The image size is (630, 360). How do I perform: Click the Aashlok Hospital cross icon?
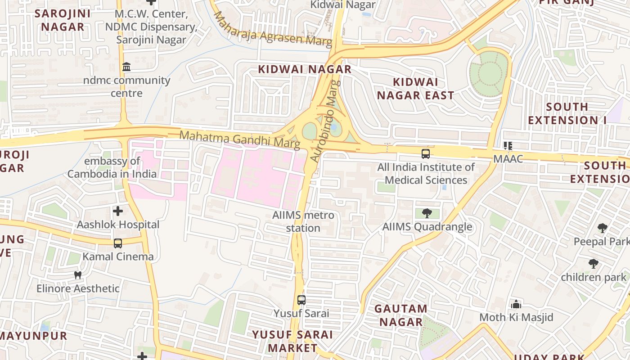tap(117, 211)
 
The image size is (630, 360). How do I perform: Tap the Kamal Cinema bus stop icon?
tap(117, 243)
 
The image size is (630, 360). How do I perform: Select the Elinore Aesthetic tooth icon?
tap(78, 275)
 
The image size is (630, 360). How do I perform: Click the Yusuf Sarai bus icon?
tap(301, 300)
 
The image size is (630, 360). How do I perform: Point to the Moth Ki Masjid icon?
tap(516, 304)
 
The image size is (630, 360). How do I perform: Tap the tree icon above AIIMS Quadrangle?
tap(427, 213)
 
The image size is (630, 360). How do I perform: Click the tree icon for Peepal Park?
tap(603, 228)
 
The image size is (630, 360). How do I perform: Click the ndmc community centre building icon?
tap(126, 67)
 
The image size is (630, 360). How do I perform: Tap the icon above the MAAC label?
tap(508, 145)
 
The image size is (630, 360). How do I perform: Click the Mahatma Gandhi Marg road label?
tap(240, 139)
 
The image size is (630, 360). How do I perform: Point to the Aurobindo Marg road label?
tap(324, 121)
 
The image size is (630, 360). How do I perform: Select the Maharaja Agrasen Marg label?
tap(273, 30)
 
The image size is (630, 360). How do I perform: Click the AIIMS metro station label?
tap(303, 221)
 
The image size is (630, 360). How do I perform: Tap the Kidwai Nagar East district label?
tap(415, 89)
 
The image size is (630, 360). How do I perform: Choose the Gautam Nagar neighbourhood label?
tap(400, 315)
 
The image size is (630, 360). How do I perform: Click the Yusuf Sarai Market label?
tap(292, 341)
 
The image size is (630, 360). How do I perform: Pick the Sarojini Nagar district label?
tap(63, 20)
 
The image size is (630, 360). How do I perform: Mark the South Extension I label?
tap(567, 113)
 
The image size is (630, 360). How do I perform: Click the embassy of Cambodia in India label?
tap(112, 167)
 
